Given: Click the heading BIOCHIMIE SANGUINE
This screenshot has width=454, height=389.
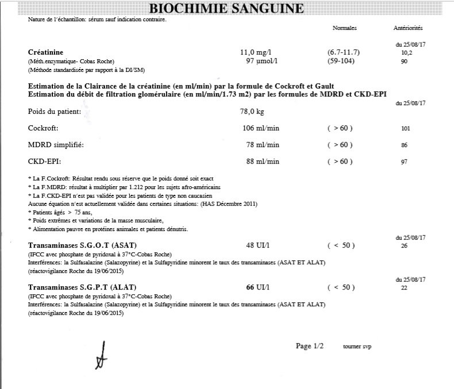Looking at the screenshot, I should pos(226,9).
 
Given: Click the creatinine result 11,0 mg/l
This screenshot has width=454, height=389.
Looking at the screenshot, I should pos(257,52).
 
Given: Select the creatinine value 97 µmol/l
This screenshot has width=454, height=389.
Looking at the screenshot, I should pos(263,60).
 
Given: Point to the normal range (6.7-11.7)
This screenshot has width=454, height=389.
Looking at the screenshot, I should pos(340,52).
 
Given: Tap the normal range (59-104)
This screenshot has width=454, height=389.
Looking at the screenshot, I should pos(340,60).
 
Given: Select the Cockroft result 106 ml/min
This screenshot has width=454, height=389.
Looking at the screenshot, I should pos(261,128).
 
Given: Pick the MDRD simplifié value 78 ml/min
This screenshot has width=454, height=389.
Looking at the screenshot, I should pos(263,144).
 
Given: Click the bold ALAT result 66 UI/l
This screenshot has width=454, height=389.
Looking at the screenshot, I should pos(257,286).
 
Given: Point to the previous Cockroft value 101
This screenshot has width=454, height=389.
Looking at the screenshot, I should pos(405,128).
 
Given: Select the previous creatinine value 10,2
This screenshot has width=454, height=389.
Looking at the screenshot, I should pos(407,52).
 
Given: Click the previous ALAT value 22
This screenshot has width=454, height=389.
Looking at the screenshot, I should pos(404,287).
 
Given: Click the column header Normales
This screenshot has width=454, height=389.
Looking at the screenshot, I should pos(345,28).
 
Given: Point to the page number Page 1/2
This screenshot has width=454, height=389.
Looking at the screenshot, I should pos(310,346).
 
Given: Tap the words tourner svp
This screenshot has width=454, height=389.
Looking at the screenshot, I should pos(357,347).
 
